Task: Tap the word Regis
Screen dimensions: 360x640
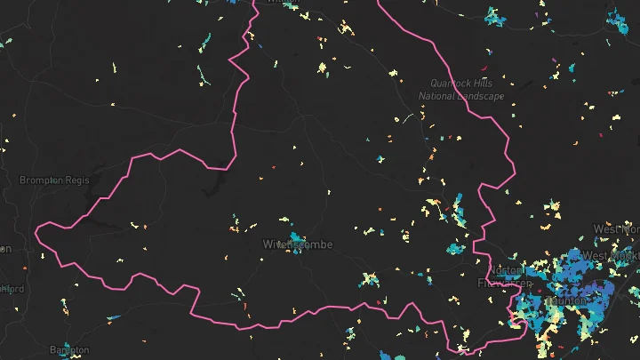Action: click(x=79, y=180)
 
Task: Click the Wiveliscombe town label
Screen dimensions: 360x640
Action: click(x=298, y=244)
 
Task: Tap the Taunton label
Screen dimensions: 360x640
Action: click(x=566, y=300)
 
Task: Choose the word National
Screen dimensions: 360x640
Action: click(x=443, y=96)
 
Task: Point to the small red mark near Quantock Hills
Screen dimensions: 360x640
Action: click(x=484, y=68)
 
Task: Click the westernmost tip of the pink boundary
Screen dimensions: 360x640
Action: click(x=36, y=233)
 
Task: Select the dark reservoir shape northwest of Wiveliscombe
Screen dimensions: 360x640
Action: click(x=213, y=188)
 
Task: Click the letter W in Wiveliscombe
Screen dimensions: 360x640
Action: click(x=268, y=244)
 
